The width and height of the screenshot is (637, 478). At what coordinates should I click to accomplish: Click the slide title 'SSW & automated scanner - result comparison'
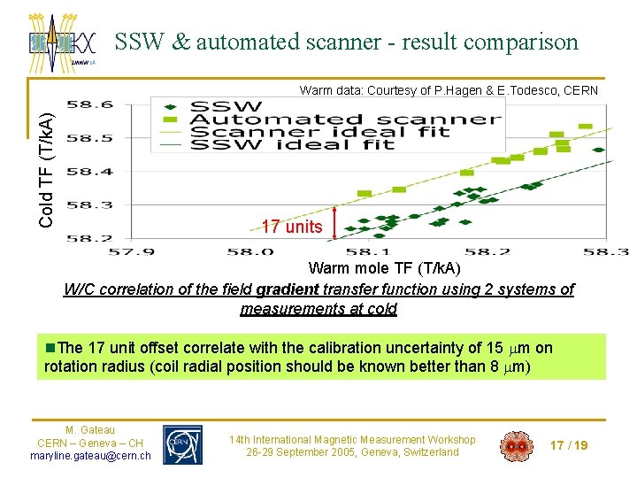pos(346,42)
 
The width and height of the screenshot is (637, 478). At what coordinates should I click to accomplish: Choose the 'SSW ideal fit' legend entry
pos(292,144)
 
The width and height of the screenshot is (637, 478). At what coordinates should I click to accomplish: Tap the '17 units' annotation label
pos(292,227)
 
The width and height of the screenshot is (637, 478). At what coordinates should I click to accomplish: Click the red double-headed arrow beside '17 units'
pos(334,223)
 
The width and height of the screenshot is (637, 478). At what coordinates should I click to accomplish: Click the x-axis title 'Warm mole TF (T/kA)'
pos(384,268)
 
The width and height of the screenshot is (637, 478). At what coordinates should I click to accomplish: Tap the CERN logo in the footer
pos(182,444)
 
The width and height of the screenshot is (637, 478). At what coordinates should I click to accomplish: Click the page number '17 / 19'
pos(568,445)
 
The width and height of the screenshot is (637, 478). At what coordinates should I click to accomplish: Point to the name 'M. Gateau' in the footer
pos(90,430)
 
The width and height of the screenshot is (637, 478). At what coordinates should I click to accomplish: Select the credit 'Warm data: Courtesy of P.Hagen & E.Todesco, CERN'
pos(449,90)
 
